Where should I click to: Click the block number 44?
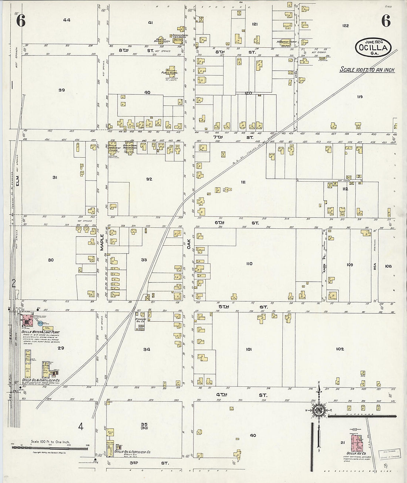tap(67, 20)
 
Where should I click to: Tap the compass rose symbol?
tap(319, 410)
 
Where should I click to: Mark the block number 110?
tap(249, 264)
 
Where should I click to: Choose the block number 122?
tap(345, 26)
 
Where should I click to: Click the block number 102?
tap(340, 349)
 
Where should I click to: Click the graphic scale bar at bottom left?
tap(50, 447)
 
